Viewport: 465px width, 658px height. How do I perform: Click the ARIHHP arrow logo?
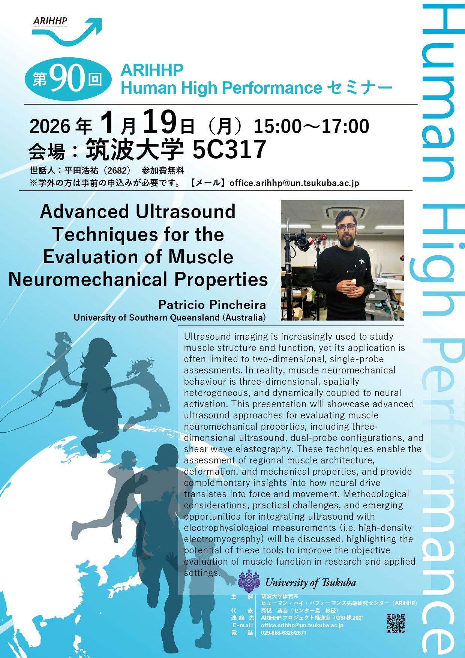pyautogui.click(x=67, y=31)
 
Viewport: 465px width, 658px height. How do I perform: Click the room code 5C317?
pyautogui.click(x=229, y=149)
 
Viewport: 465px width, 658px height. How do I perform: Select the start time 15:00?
pyautogui.click(x=278, y=126)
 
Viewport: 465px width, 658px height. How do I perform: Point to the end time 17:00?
pyautogui.click(x=345, y=126)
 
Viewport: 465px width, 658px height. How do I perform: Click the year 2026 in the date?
pyautogui.click(x=50, y=126)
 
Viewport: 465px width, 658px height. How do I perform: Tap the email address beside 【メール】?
pyautogui.click(x=294, y=183)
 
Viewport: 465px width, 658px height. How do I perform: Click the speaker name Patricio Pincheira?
pyautogui.click(x=212, y=304)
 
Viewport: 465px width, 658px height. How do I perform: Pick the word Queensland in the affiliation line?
pyautogui.click(x=195, y=318)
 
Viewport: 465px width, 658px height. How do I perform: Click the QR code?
pyautogui.click(x=396, y=624)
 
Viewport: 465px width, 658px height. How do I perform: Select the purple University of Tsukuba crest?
pyautogui.click(x=249, y=581)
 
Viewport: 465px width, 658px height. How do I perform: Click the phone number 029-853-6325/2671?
pyautogui.click(x=284, y=633)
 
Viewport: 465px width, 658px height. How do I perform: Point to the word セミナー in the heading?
pyautogui.click(x=360, y=88)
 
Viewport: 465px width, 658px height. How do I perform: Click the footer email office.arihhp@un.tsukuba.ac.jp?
pyautogui.click(x=302, y=625)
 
